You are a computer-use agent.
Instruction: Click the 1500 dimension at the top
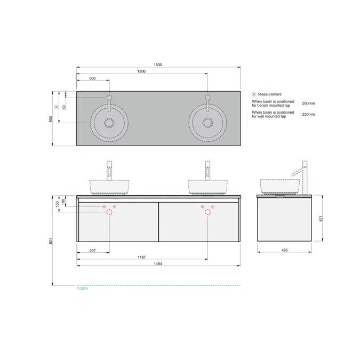point(158,65)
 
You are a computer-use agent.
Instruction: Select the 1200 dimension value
point(141,71)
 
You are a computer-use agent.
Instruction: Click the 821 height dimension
point(51,241)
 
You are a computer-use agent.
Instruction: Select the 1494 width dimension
point(158,263)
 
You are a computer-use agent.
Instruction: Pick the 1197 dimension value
point(142,257)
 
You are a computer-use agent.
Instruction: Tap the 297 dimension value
point(93,250)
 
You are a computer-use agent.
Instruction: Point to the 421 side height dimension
point(321,218)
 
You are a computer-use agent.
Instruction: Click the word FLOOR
point(82,289)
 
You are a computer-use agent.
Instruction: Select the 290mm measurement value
point(308,103)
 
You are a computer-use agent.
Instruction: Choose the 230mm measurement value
point(308,114)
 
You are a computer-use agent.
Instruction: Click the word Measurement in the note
point(269,94)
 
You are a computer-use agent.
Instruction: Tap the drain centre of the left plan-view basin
point(109,123)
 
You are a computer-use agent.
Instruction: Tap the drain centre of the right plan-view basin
point(207,123)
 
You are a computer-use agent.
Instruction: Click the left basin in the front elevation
point(109,186)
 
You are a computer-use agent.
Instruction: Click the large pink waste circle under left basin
point(109,212)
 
